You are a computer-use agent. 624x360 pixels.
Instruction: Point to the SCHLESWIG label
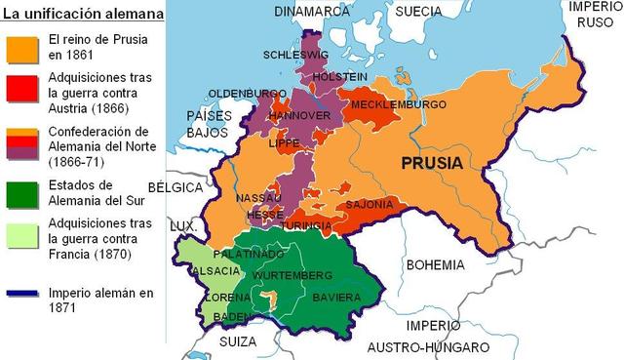(301, 55)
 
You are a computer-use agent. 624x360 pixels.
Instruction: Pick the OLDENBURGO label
(246, 94)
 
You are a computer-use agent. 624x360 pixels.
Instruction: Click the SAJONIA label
(368, 204)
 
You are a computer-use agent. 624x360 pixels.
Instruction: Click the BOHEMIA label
(436, 264)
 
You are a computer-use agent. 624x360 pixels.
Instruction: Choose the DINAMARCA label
(312, 12)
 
